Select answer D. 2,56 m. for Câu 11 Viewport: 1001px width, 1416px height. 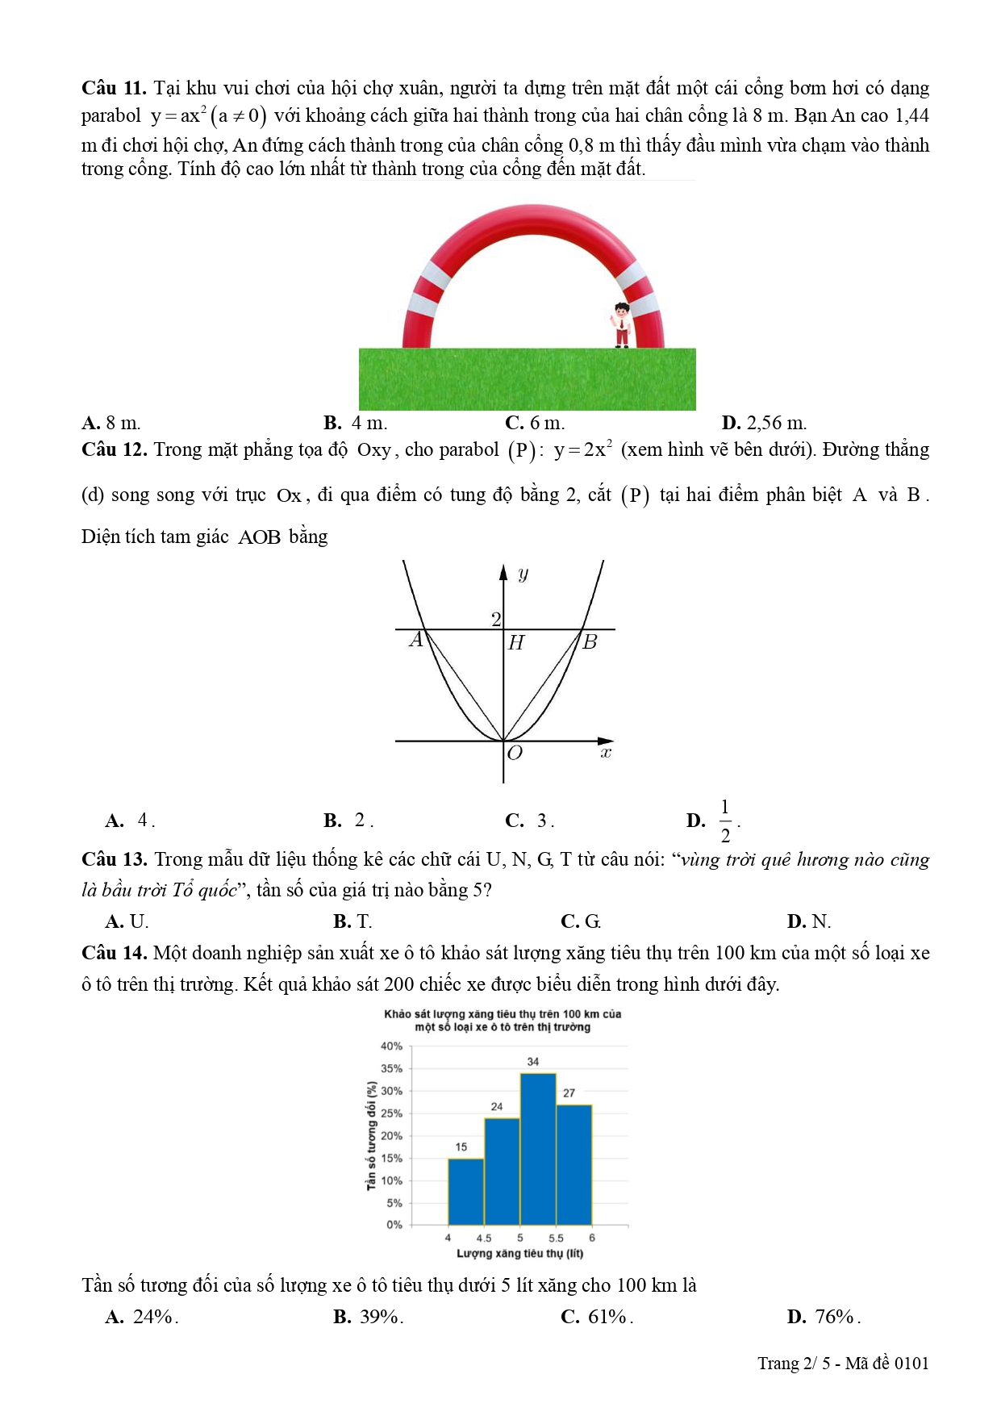coord(764,423)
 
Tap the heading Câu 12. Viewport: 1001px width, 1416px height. coord(114,450)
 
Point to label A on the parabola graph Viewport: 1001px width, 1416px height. coord(416,641)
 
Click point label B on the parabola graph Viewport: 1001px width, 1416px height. coord(590,642)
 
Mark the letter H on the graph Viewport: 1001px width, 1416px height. coord(516,643)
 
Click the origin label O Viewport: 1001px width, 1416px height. coord(515,753)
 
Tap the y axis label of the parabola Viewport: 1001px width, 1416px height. coord(523,574)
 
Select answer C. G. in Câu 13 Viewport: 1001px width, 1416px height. coord(581,921)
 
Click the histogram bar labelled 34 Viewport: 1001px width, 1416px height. coord(538,1149)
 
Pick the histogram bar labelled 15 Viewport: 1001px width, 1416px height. coord(466,1192)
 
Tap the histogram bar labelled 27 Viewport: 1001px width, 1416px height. coord(574,1165)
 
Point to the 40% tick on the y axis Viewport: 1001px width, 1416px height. coord(392,1046)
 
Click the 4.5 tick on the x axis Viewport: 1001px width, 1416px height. coord(483,1238)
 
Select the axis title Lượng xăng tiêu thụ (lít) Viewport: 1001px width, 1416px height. coord(519,1253)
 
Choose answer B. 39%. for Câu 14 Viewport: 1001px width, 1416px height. coord(368,1317)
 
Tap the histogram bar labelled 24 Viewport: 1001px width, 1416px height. coord(502,1172)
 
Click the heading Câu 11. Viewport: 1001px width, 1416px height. coord(114,88)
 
